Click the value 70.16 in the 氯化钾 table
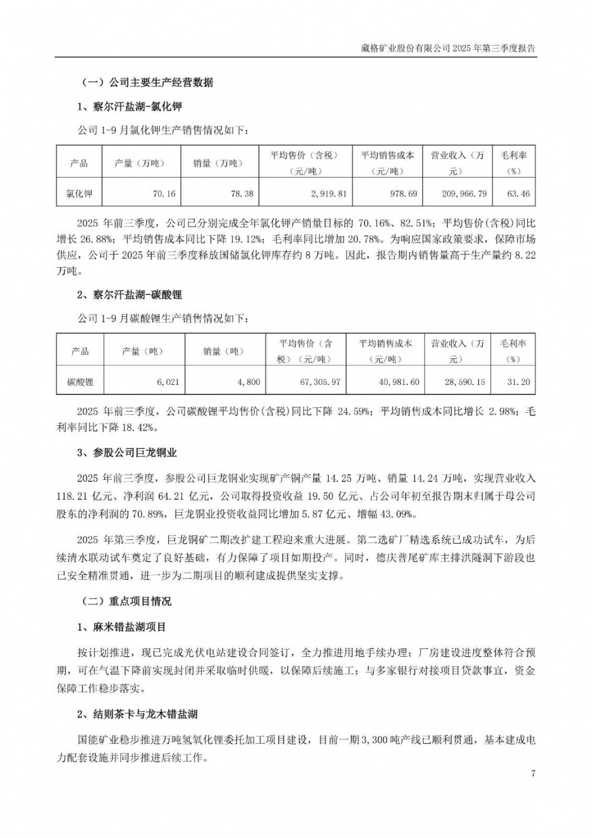click(x=164, y=194)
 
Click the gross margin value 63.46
click(x=519, y=194)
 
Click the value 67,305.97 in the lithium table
click(x=320, y=382)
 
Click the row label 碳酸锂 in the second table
click(x=80, y=382)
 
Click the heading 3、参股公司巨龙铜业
click(x=127, y=452)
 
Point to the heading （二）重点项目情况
click(x=126, y=601)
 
